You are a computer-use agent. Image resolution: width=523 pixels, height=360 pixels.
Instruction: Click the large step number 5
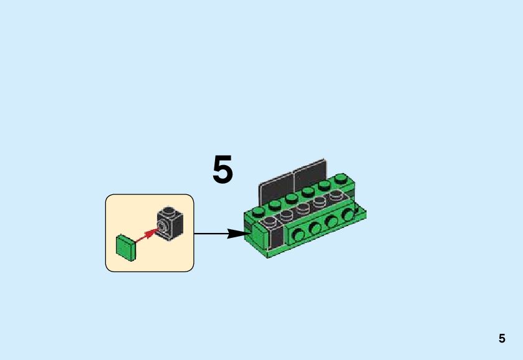[x=223, y=170]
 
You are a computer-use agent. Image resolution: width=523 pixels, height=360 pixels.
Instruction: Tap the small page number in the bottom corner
[x=502, y=339]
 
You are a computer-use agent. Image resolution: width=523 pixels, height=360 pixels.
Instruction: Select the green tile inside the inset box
[x=126, y=247]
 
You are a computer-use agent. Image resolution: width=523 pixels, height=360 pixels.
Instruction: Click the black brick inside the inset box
[x=170, y=222]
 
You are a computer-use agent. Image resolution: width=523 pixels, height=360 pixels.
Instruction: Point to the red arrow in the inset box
[x=145, y=235]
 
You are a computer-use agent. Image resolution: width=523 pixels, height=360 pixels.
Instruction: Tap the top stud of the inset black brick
[x=169, y=210]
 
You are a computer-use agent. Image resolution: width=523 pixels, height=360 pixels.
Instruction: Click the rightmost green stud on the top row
[x=340, y=178]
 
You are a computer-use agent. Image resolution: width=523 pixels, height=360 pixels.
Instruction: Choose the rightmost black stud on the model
[x=337, y=195]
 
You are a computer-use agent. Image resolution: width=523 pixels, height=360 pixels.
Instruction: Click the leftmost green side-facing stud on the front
[x=300, y=234]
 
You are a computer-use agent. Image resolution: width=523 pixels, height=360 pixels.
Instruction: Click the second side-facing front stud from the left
[x=315, y=227]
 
